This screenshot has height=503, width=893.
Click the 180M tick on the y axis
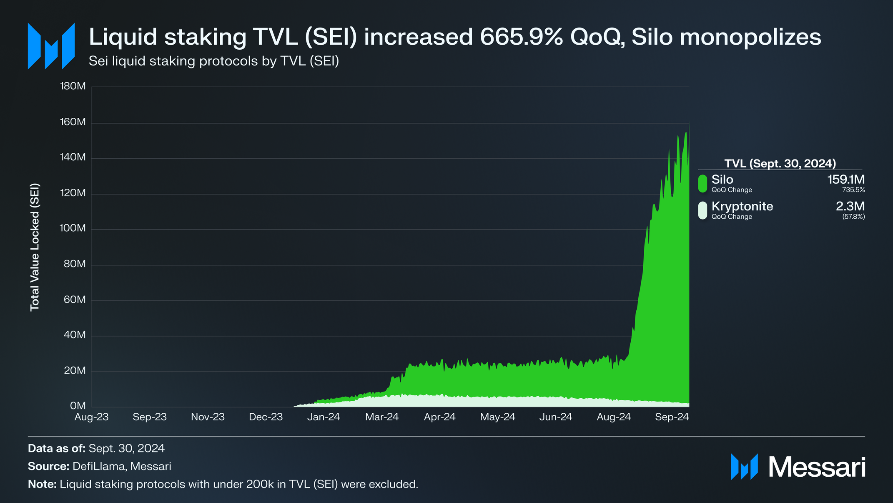pos(73,86)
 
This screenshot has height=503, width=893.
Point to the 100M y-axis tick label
pos(73,228)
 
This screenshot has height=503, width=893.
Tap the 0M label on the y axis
pos(78,406)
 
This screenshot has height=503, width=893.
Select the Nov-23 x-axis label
pos(208,417)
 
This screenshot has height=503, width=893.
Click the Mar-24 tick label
pos(382,417)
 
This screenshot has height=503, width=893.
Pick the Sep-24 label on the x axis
pos(672,417)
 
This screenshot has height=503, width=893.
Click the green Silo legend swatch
pos(702,184)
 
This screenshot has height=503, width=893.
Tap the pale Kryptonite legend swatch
pos(702,210)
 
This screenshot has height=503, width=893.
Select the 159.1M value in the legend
pos(845,180)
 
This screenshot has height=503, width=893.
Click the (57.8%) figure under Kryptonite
pos(853,217)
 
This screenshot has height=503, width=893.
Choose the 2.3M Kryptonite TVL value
pos(850,207)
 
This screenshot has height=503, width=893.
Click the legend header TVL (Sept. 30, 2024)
pos(780,163)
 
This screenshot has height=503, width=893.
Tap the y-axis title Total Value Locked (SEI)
pos(35,247)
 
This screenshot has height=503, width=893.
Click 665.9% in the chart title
pos(521,37)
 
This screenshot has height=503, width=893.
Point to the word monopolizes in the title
pos(750,37)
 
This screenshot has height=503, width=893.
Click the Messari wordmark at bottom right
pos(817,467)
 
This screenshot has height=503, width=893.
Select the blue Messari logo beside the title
pos(51,46)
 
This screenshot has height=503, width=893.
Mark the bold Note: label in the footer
pos(42,484)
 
